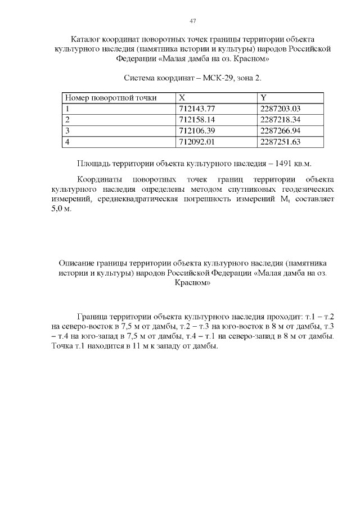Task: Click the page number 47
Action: pos(192,21)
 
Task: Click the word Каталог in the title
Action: pos(87,39)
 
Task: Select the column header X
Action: pos(182,98)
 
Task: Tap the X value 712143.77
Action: pos(196,109)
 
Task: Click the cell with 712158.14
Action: pos(196,120)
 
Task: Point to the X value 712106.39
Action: pos(196,130)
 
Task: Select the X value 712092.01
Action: pos(196,141)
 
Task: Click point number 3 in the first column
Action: pos(67,130)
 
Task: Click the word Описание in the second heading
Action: pos(76,263)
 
